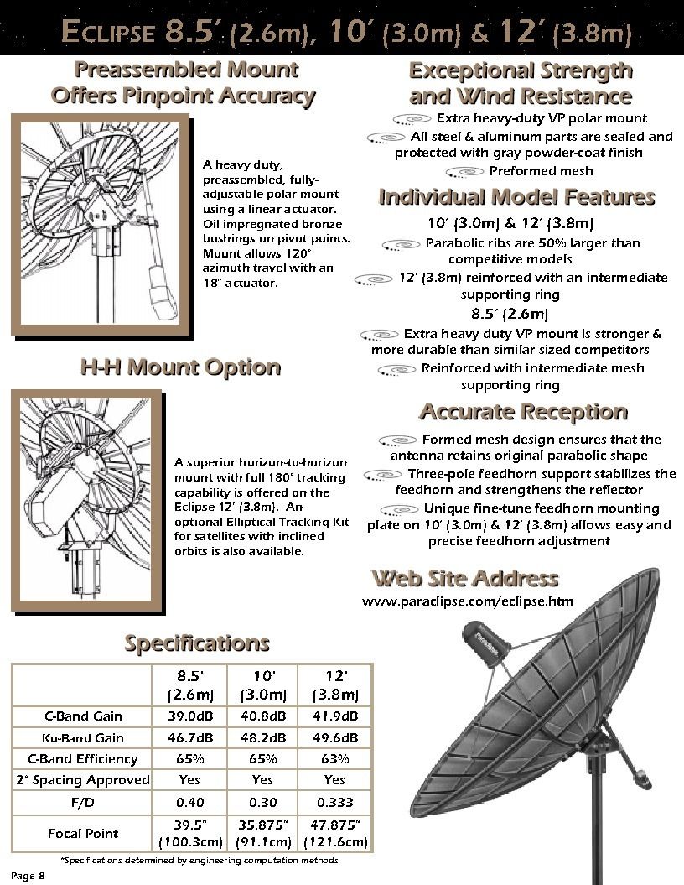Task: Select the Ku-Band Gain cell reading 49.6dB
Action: coord(334,738)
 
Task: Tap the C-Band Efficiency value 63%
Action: coord(334,759)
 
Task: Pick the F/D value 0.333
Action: coord(334,802)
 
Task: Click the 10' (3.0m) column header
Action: coord(262,685)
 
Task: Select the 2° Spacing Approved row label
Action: coord(83,780)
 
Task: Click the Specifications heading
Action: coord(197,643)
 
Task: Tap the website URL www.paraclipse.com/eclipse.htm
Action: coord(468,601)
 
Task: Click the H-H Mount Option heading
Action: coord(179,367)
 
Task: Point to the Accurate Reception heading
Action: coord(523,412)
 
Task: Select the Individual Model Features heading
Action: coord(516,197)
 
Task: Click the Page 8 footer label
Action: coord(28,877)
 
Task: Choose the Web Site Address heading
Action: coord(464,578)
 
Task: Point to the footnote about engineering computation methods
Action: coord(200,861)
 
